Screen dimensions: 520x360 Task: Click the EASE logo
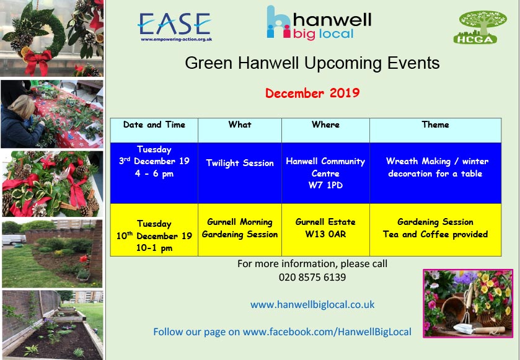(175, 27)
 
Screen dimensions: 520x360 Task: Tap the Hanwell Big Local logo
(319, 22)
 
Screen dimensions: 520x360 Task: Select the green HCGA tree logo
(480, 27)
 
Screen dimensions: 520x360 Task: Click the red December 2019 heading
(312, 93)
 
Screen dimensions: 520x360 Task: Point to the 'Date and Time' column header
(154, 125)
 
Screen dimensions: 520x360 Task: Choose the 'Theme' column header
(436, 125)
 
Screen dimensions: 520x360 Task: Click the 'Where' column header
(325, 125)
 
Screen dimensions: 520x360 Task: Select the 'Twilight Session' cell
(240, 163)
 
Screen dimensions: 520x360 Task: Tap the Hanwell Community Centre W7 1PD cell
(325, 173)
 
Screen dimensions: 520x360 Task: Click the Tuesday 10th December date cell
(154, 235)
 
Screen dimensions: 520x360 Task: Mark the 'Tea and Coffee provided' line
(436, 234)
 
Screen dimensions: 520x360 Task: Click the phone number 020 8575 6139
(312, 277)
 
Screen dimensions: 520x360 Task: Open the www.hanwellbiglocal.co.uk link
(312, 305)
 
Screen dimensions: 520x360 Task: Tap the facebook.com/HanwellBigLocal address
(327, 332)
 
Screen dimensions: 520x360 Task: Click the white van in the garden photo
(14, 239)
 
